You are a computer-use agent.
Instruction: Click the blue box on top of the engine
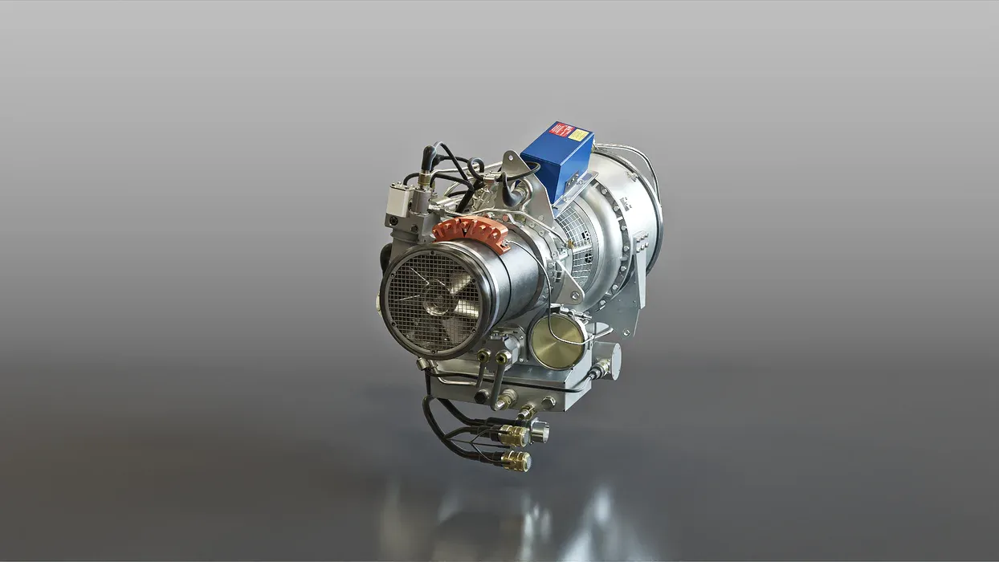click(558, 161)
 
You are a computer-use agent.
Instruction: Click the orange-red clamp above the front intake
click(471, 234)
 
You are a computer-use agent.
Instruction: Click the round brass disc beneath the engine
click(554, 342)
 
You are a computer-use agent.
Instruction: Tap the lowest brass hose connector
click(516, 461)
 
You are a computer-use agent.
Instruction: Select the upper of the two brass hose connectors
click(515, 436)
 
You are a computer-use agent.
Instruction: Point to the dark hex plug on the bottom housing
click(482, 397)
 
